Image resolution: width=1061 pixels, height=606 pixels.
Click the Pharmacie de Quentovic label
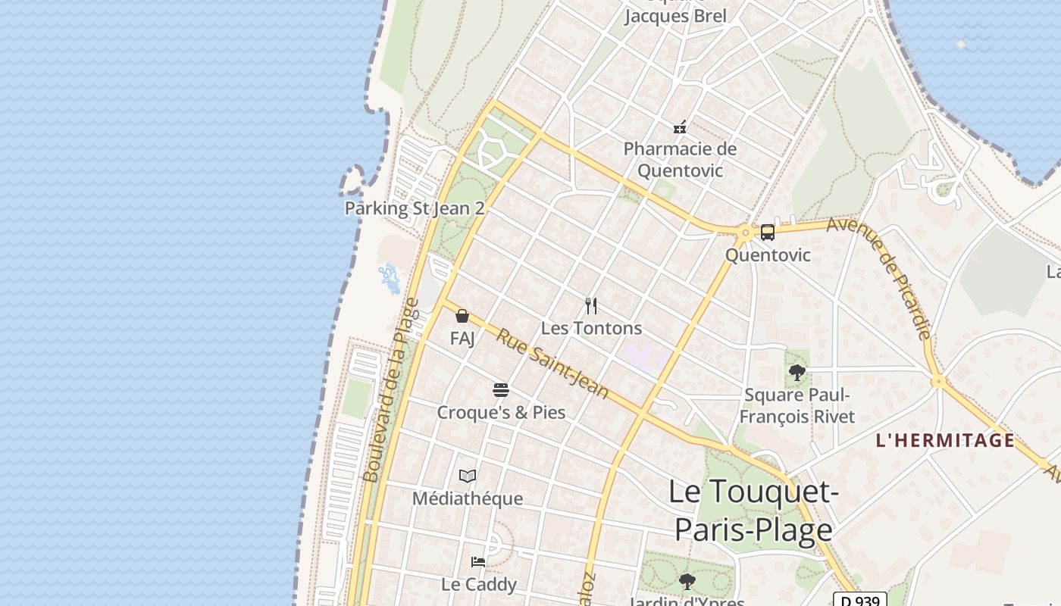[680, 159]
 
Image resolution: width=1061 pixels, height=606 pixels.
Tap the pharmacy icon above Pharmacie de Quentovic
[680, 127]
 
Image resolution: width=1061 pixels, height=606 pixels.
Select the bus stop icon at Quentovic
[768, 233]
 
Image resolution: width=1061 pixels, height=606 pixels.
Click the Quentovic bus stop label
[768, 255]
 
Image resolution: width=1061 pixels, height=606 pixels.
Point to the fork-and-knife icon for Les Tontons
[591, 306]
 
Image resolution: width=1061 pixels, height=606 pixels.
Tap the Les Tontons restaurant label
[591, 328]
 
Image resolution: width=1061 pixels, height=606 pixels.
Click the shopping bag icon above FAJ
[462, 316]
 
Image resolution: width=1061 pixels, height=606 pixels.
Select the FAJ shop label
[462, 338]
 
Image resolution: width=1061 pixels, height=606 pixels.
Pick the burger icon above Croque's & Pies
[500, 390]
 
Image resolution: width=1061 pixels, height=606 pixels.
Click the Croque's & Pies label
[501, 413]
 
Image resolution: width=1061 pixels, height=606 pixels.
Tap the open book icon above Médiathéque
[468, 476]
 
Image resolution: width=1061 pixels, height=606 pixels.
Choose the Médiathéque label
[468, 498]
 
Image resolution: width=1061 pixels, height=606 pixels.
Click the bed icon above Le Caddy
[478, 562]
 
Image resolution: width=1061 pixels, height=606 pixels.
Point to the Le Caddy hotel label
[479, 584]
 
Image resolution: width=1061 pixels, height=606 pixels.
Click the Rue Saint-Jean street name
[552, 364]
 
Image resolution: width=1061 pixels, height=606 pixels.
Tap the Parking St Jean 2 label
[415, 208]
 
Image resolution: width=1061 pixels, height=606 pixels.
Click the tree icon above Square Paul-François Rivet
[797, 372]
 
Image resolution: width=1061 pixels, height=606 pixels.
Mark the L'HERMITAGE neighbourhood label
[945, 440]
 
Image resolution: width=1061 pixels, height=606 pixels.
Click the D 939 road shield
[860, 600]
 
